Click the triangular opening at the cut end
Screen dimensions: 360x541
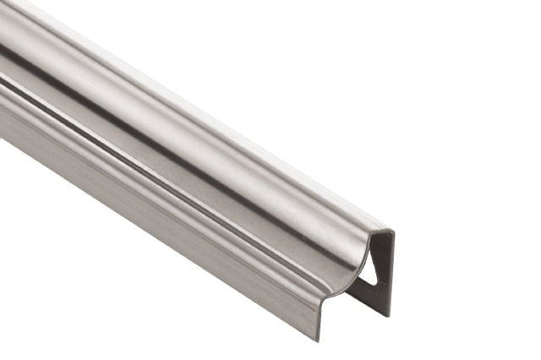click(x=369, y=269)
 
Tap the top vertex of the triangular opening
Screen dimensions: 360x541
click(x=374, y=250)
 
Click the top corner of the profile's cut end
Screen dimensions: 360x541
click(x=391, y=230)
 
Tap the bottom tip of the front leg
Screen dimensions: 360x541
click(x=320, y=340)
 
